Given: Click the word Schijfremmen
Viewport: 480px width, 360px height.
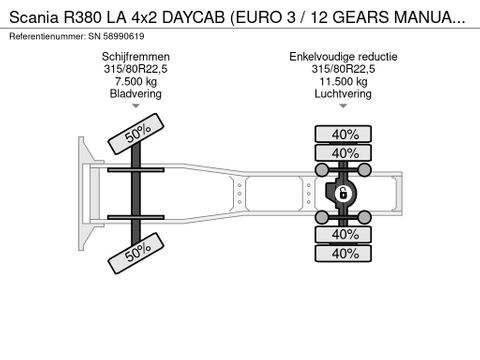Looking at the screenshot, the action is click(x=136, y=57).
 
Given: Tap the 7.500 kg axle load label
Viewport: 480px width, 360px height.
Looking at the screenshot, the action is click(x=136, y=81).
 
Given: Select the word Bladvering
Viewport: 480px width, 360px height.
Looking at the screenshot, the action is click(x=136, y=94).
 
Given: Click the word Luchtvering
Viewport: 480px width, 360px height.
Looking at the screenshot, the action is click(x=343, y=94).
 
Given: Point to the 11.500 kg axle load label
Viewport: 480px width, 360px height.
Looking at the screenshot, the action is click(x=343, y=81).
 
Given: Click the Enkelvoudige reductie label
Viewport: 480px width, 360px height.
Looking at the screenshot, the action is click(x=343, y=57).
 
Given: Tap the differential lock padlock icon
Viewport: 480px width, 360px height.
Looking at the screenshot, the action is click(x=342, y=193).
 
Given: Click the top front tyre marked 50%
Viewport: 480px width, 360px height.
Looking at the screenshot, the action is click(x=136, y=134).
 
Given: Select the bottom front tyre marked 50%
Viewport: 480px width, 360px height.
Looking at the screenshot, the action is click(x=136, y=253).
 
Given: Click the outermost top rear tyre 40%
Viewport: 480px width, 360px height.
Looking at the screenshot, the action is click(x=343, y=134).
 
